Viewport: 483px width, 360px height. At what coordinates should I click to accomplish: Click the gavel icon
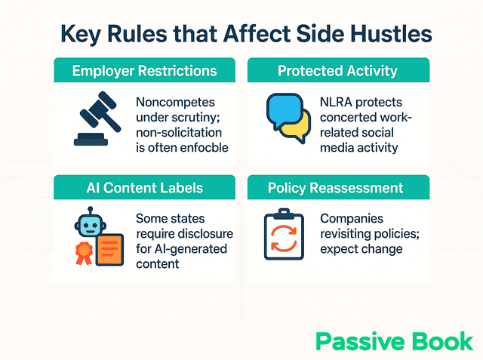[x=95, y=118]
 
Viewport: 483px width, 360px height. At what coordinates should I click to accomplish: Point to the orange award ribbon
[x=82, y=253]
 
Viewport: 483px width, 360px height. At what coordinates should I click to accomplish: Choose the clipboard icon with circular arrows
[x=283, y=235]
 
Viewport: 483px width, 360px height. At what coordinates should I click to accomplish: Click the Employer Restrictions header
[x=144, y=71]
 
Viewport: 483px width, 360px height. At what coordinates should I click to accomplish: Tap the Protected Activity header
[x=337, y=71]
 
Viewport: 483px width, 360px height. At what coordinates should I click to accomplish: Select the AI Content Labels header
[x=144, y=187]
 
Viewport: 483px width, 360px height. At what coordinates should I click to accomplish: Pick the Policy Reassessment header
[x=337, y=187]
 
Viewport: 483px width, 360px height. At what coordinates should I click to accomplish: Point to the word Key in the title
[x=85, y=34]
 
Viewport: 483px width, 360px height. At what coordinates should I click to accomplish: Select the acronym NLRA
[x=337, y=102]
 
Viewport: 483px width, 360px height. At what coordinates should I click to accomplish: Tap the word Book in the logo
[x=441, y=340]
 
